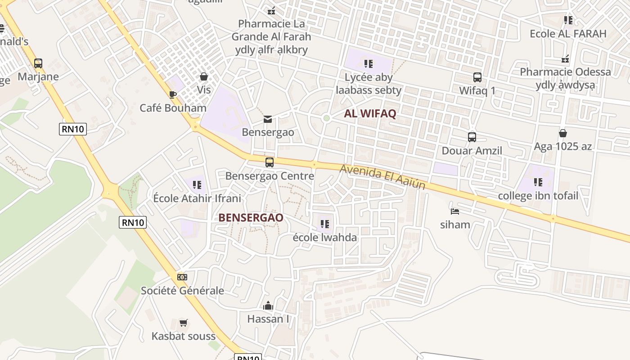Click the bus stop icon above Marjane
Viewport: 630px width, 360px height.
(38, 63)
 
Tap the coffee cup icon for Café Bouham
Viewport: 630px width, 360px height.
(172, 94)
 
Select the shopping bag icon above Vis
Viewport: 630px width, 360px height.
(204, 76)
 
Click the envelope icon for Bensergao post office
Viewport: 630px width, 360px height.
(268, 119)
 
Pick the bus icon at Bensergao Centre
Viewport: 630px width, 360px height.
(270, 162)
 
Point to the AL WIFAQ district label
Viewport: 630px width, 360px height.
(370, 113)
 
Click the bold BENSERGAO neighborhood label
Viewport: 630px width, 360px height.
(251, 218)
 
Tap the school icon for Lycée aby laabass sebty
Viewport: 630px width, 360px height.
(369, 64)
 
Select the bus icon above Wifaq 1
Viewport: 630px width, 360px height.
(477, 77)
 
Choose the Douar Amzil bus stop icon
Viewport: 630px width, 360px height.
(472, 137)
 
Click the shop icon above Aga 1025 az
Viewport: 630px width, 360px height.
(562, 133)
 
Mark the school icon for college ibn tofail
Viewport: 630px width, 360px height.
(538, 182)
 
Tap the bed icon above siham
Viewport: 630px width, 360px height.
(455, 211)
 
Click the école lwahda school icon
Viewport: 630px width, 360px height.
(324, 224)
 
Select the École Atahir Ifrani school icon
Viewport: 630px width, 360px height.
(197, 184)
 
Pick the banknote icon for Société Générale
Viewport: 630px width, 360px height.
(182, 277)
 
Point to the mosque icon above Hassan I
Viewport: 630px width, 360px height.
(268, 306)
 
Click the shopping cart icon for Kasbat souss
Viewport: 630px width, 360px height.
(183, 323)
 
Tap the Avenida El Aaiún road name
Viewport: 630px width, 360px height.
(383, 176)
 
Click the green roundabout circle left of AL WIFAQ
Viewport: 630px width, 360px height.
(327, 118)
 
